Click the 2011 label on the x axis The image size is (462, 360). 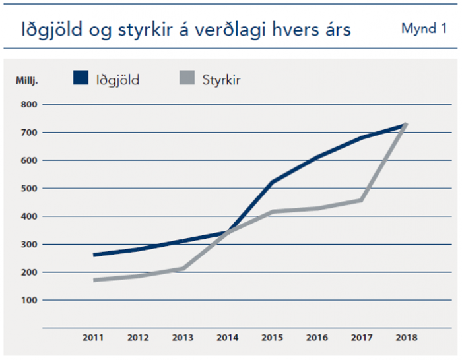tap(94, 338)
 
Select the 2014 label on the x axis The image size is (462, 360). tap(228, 338)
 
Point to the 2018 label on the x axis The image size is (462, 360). tap(405, 338)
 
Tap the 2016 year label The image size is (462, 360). tap(317, 338)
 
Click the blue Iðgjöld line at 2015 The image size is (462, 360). tap(273, 181)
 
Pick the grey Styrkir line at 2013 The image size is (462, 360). tap(183, 268)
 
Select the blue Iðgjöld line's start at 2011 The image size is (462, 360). tap(95, 255)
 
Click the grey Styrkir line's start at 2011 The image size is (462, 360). tap(95, 280)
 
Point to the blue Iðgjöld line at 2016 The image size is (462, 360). tap(317, 157)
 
